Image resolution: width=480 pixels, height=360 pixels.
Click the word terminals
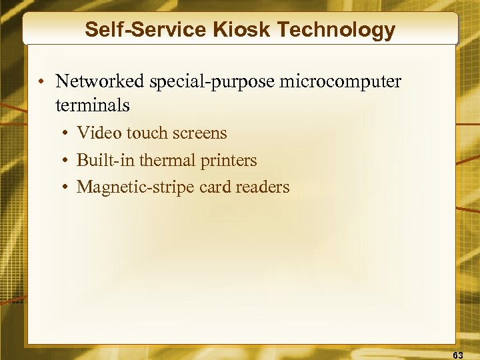[93, 105]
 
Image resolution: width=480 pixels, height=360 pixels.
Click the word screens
[200, 133]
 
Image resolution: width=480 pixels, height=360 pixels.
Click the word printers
[229, 161]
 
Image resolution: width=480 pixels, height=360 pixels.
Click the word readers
[265, 187]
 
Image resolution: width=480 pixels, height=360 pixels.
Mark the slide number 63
[458, 355]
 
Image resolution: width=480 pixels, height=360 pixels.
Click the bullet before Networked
[41, 83]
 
